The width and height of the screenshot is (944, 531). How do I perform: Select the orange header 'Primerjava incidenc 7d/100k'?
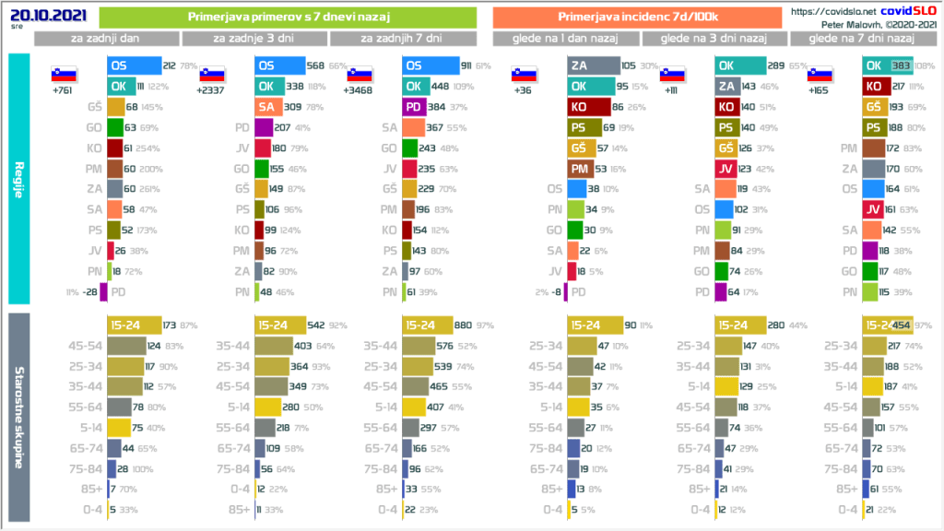[x=638, y=17]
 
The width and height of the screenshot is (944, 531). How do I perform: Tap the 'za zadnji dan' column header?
[x=106, y=38]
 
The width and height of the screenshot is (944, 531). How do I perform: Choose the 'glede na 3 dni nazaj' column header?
[x=715, y=38]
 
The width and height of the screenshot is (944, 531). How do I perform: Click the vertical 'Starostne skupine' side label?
[x=18, y=417]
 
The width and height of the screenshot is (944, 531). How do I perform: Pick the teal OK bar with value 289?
[x=739, y=65]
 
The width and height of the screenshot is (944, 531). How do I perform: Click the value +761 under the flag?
[x=63, y=91]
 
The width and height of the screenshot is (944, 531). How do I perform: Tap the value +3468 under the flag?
[x=360, y=91]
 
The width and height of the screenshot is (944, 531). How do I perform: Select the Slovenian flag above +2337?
[x=212, y=75]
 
